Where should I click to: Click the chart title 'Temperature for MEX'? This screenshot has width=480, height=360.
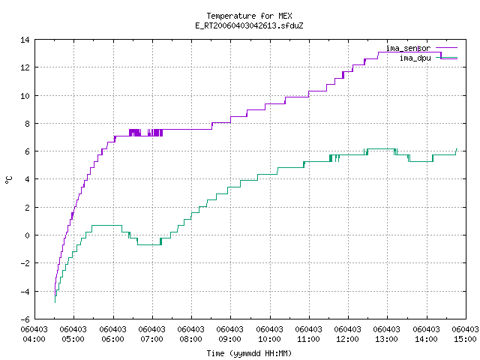(x=249, y=16)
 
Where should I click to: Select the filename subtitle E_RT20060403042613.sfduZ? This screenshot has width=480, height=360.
(x=249, y=25)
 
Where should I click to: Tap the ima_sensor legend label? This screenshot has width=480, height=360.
(x=408, y=48)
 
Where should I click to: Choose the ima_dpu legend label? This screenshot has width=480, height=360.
(x=415, y=58)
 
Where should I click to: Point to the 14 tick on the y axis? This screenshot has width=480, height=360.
(x=25, y=40)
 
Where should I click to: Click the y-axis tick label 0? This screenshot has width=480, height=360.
(x=28, y=235)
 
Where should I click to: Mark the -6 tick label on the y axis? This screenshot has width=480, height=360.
(x=25, y=319)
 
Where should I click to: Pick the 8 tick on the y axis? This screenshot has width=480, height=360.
(x=28, y=124)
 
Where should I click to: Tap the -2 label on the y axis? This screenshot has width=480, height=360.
(x=25, y=263)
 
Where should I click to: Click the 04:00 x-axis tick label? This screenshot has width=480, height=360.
(x=34, y=339)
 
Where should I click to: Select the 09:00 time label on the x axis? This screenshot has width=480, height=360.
(x=230, y=339)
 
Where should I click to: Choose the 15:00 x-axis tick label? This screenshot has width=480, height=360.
(x=465, y=339)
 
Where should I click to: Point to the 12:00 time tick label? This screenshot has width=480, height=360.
(x=348, y=339)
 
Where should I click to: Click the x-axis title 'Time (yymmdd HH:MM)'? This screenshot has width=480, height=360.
(x=249, y=353)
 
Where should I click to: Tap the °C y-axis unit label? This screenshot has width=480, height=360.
(x=8, y=180)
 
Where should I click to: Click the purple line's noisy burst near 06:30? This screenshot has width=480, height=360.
(x=145, y=133)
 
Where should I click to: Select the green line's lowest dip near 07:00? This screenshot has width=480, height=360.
(x=149, y=244)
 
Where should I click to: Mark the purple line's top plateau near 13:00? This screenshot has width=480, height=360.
(x=409, y=52)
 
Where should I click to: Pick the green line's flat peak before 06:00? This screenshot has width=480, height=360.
(x=106, y=226)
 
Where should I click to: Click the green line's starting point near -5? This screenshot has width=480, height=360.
(x=55, y=302)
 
